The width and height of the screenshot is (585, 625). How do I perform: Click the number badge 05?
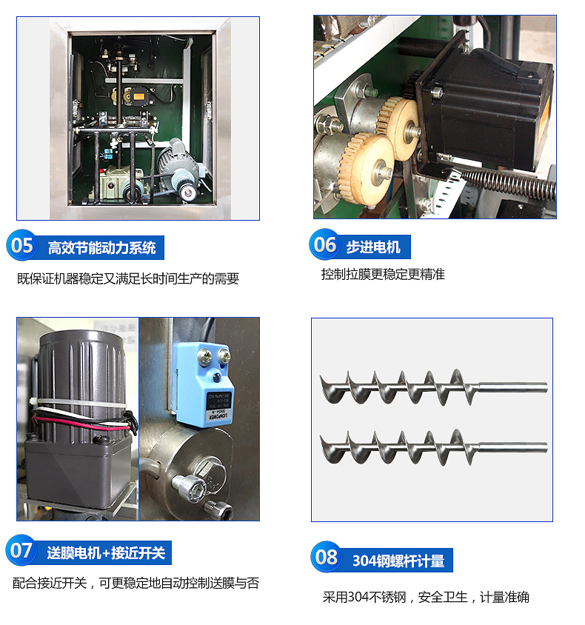(21, 245)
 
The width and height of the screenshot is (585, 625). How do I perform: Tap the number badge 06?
(325, 244)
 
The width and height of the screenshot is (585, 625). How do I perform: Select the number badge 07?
(21, 550)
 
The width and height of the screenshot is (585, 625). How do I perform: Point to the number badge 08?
(327, 557)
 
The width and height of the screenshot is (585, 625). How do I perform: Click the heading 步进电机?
(373, 247)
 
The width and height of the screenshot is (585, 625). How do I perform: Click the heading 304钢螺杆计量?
(398, 561)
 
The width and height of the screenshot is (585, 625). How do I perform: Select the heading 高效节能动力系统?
(101, 248)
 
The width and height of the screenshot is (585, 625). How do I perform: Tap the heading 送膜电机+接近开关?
(106, 553)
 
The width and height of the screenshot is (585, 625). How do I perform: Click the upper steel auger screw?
(433, 387)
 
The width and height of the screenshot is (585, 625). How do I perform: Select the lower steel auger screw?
(433, 447)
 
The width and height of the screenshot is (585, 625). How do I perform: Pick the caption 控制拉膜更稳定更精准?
(383, 274)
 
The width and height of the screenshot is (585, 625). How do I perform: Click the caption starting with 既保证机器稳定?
(128, 278)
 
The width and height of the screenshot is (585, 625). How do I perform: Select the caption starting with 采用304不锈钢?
(426, 597)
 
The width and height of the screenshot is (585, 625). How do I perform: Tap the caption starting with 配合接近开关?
(136, 583)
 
